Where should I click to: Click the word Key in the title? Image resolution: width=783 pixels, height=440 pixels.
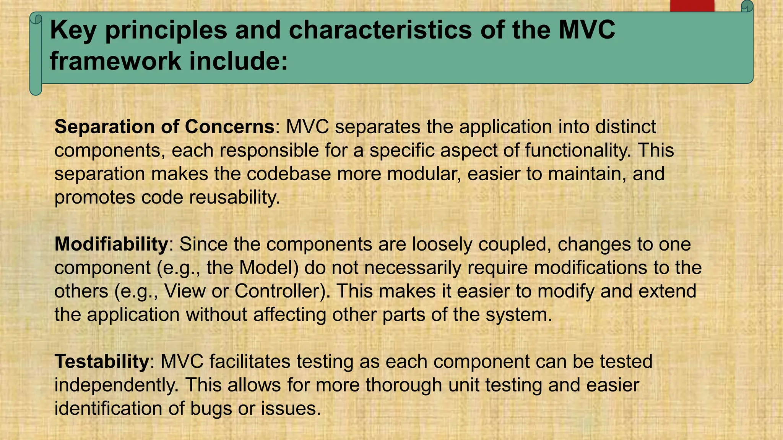73,30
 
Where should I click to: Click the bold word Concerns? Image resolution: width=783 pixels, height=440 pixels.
229,127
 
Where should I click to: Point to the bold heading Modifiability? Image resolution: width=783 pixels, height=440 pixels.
111,244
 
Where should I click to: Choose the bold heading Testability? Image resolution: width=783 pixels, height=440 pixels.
102,361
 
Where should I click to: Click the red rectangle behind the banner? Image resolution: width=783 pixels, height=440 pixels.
692,6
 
